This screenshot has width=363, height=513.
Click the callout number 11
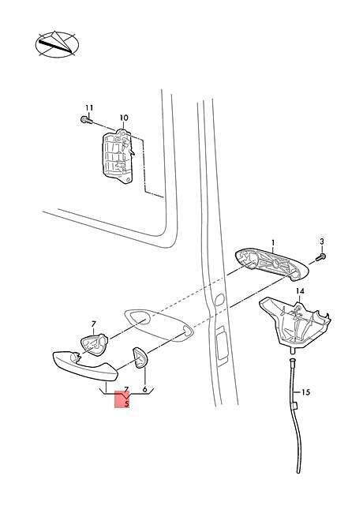click(x=89, y=107)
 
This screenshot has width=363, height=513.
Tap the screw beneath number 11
click(x=86, y=120)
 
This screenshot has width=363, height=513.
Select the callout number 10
click(x=124, y=118)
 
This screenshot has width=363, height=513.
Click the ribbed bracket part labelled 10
click(x=118, y=156)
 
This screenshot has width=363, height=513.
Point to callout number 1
click(x=273, y=243)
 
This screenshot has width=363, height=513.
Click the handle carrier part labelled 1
click(x=272, y=264)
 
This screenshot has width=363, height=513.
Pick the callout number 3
click(x=321, y=242)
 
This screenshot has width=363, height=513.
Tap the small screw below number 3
click(x=320, y=257)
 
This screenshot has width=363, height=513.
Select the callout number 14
click(x=300, y=291)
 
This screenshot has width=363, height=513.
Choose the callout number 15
click(x=305, y=392)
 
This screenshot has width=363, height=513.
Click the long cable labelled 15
click(x=295, y=415)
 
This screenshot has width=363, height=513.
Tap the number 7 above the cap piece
click(x=94, y=324)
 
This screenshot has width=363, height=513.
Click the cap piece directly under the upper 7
click(x=94, y=344)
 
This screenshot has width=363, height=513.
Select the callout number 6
click(x=144, y=390)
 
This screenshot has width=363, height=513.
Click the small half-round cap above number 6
click(x=140, y=358)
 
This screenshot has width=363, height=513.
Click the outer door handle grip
click(x=85, y=367)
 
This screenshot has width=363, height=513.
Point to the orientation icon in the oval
click(x=57, y=45)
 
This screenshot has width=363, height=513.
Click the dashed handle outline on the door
click(x=159, y=325)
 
